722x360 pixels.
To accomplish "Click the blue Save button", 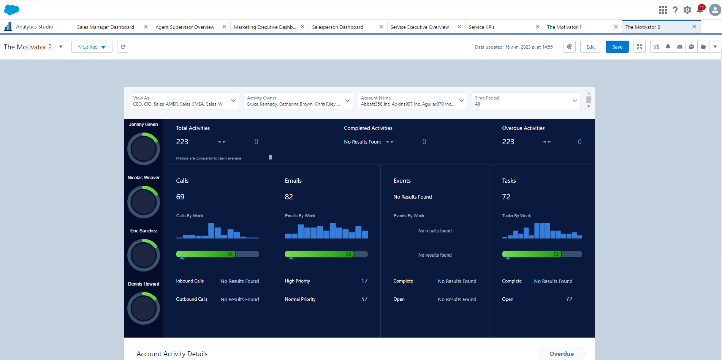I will click(x=617, y=47).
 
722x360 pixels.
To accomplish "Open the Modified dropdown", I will click(x=92, y=47).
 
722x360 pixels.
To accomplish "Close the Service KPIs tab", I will click(x=537, y=27).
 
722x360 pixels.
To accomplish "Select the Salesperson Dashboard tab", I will click(x=337, y=27).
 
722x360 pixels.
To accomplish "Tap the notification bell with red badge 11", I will click(x=700, y=9).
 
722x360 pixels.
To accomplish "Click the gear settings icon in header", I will click(x=687, y=10).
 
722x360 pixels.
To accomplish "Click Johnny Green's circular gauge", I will click(x=143, y=148).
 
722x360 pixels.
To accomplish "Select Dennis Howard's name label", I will click(x=143, y=284).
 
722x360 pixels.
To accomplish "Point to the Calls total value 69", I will click(x=180, y=197).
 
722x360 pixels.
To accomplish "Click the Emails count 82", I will click(x=289, y=197).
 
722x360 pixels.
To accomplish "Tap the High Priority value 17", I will click(x=364, y=281).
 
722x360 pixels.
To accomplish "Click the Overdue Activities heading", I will click(x=523, y=128).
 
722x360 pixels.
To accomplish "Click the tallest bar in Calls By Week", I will click(x=211, y=231).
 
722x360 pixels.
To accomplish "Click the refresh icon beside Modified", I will click(x=123, y=47).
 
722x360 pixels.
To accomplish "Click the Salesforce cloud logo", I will click(x=12, y=9).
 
